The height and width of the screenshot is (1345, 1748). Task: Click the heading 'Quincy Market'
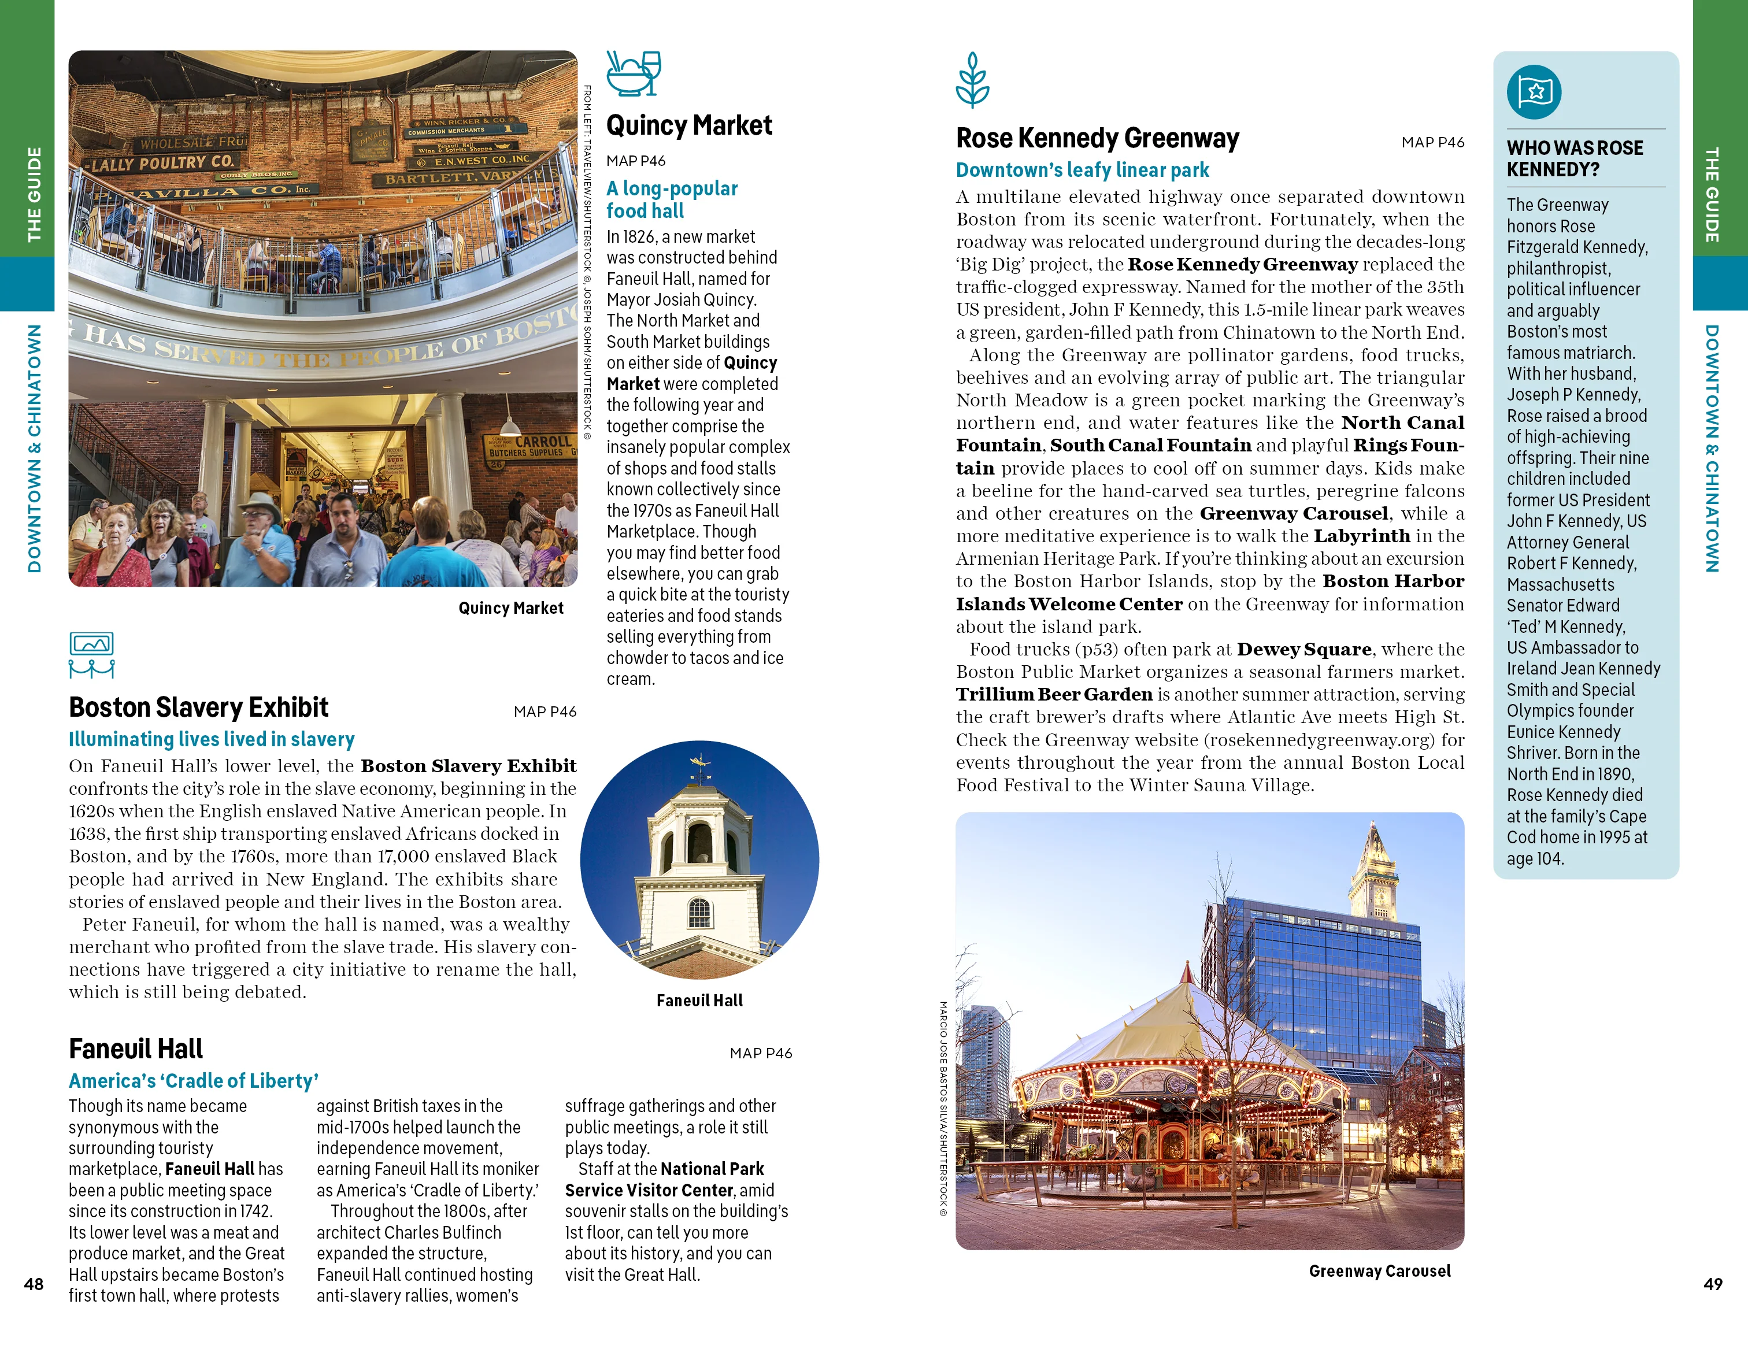(689, 125)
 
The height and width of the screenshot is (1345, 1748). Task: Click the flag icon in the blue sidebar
(1534, 92)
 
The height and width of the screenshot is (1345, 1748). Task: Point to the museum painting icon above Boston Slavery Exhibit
(91, 654)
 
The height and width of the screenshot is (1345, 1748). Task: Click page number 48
(34, 1283)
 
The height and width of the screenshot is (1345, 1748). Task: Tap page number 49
(1712, 1283)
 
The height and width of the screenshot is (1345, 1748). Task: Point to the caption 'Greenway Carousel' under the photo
(1379, 1270)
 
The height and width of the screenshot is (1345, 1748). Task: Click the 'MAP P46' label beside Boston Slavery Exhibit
(545, 712)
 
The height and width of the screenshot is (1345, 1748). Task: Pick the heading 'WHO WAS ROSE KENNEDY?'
(1575, 158)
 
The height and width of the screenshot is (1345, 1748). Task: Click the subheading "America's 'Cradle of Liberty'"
(194, 1080)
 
